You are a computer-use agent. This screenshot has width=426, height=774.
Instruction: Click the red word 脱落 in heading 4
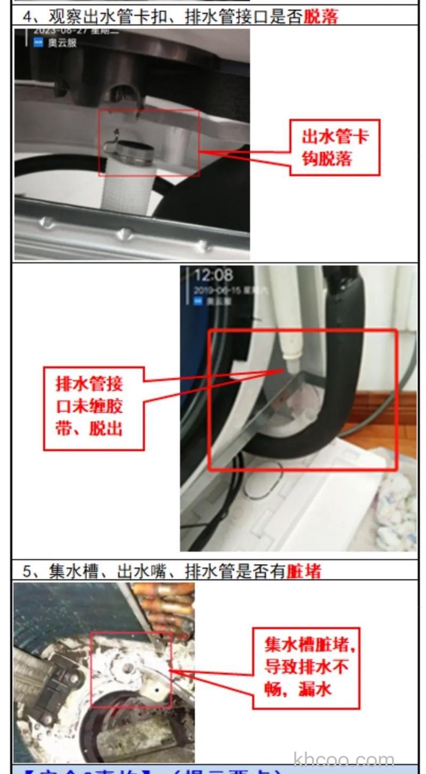click(x=321, y=16)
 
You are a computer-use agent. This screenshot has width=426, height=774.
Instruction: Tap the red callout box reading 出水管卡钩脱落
click(x=335, y=148)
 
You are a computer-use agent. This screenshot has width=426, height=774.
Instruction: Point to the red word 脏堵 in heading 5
click(x=304, y=571)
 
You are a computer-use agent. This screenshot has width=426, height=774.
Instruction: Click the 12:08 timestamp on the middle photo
click(x=213, y=275)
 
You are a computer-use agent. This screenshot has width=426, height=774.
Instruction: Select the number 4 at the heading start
click(x=27, y=16)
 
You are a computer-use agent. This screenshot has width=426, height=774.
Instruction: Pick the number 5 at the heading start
click(x=27, y=571)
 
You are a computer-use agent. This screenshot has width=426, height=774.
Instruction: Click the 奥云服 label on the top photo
click(x=62, y=43)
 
